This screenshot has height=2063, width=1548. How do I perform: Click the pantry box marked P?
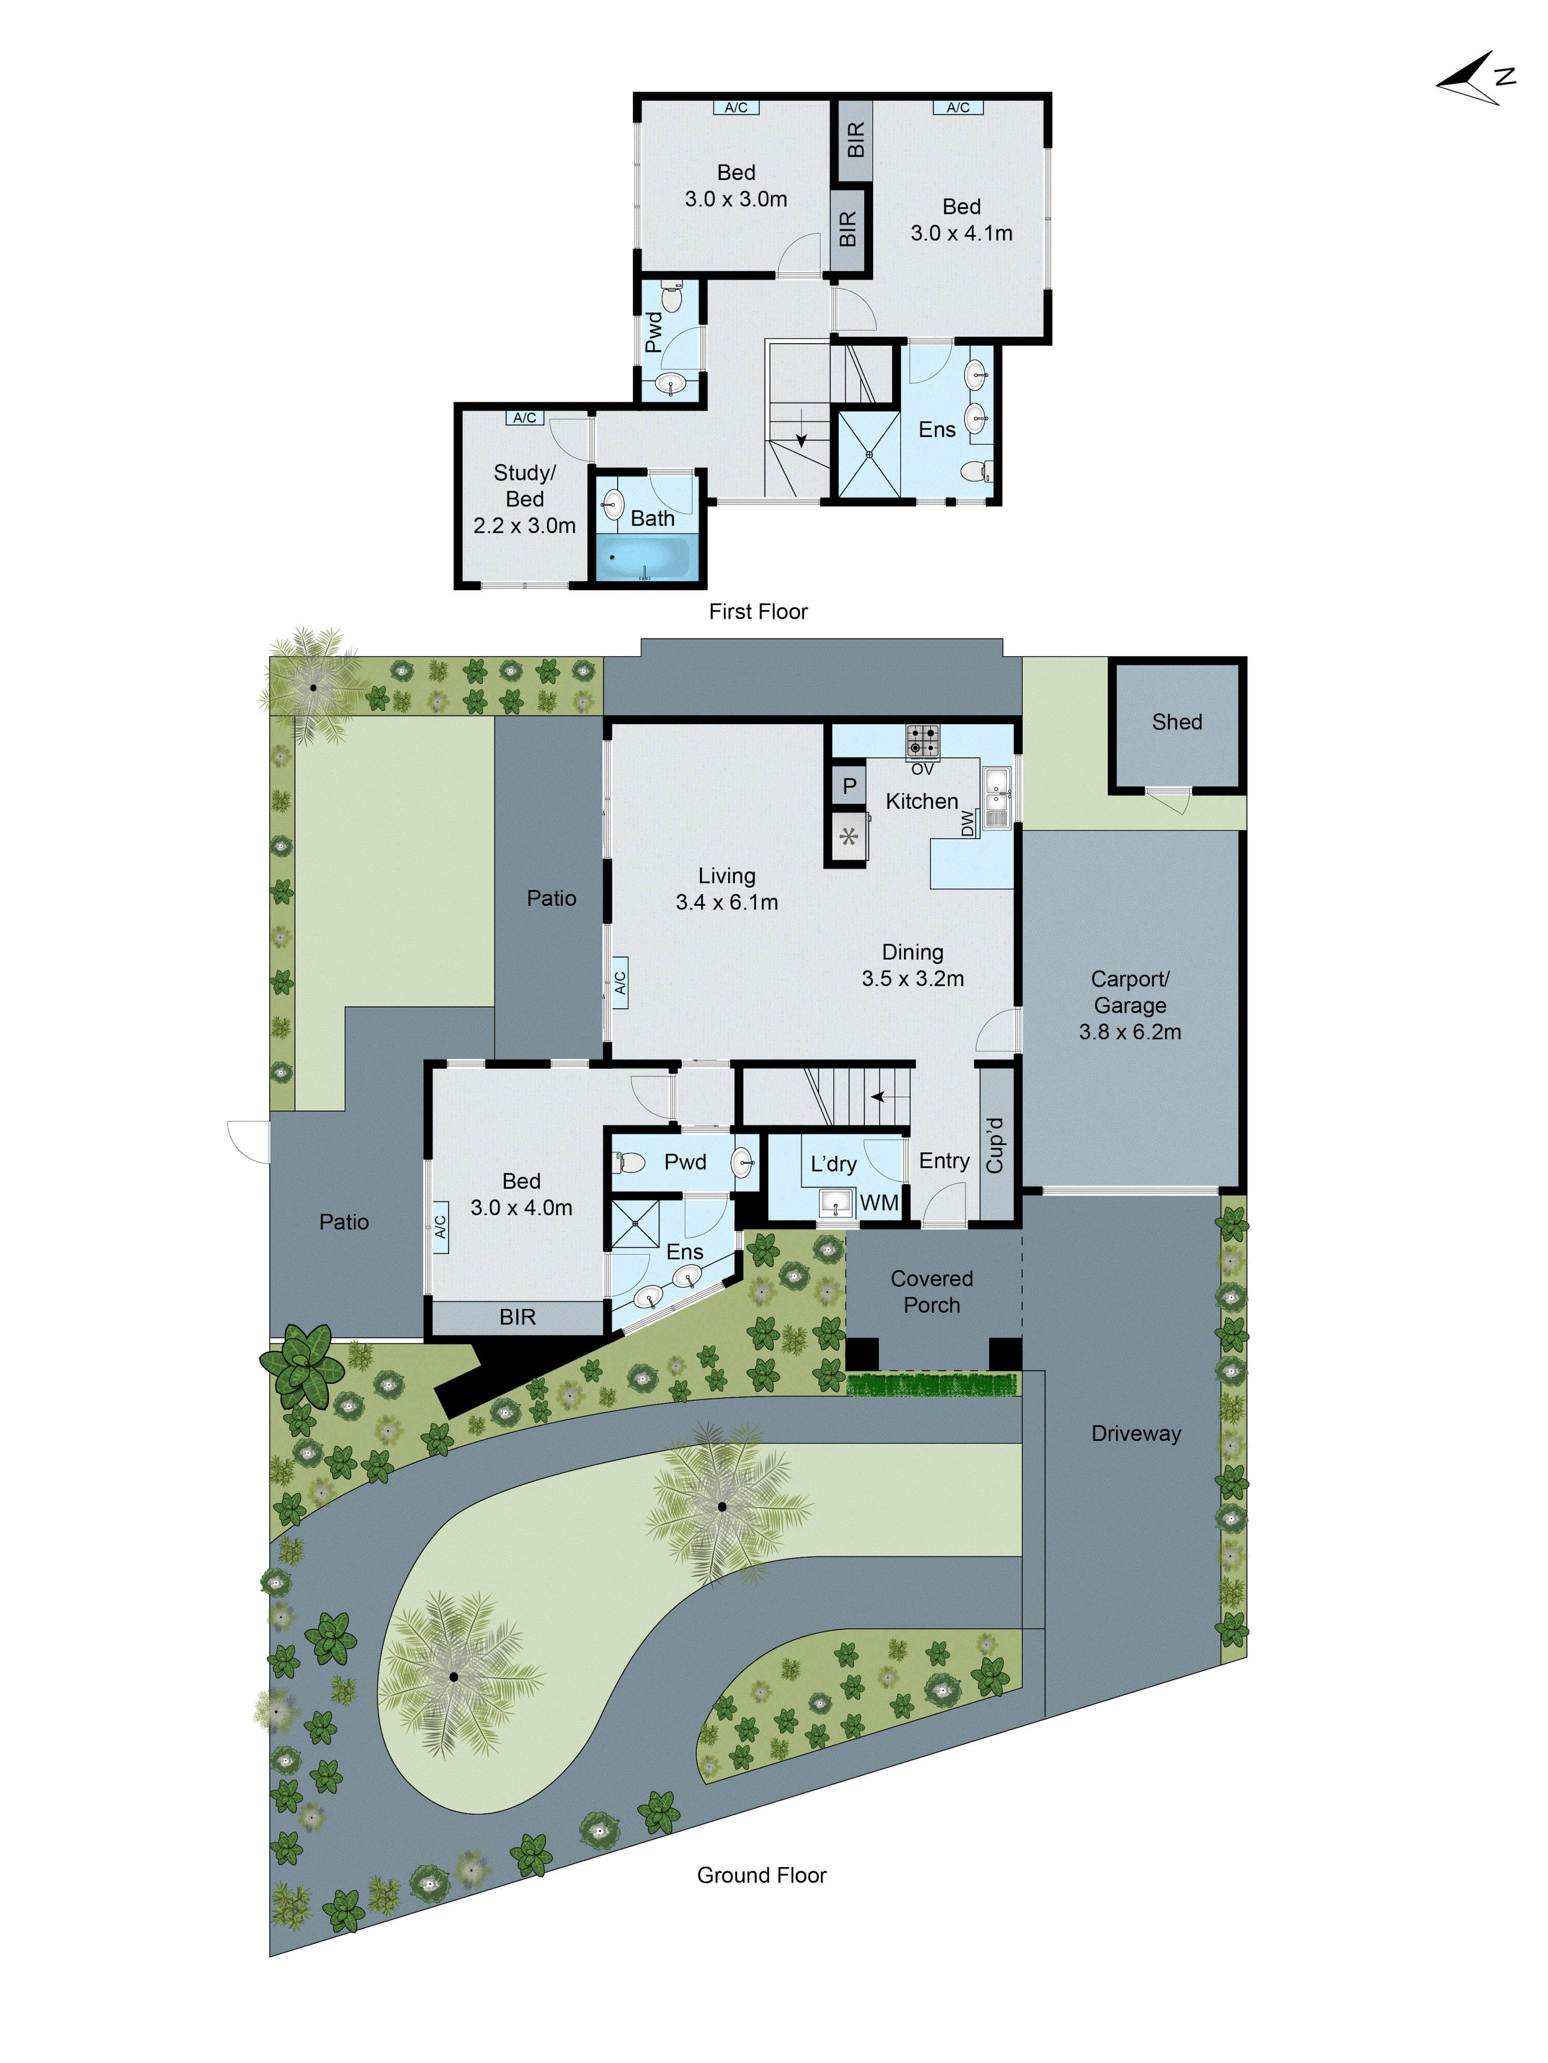(848, 786)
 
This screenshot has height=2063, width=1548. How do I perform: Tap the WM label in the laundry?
(879, 1203)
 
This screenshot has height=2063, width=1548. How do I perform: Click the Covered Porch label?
(931, 1292)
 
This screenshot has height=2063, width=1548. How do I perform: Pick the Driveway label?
(1136, 1433)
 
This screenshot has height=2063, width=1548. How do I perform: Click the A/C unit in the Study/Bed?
(524, 418)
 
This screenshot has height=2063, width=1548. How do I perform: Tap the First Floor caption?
(757, 612)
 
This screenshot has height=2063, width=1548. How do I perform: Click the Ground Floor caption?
(762, 1876)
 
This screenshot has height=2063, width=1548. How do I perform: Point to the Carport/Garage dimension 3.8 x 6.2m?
(1130, 1031)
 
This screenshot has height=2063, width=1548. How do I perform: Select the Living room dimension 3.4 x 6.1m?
(727, 902)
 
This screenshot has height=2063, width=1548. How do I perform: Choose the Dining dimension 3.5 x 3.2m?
(913, 978)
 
